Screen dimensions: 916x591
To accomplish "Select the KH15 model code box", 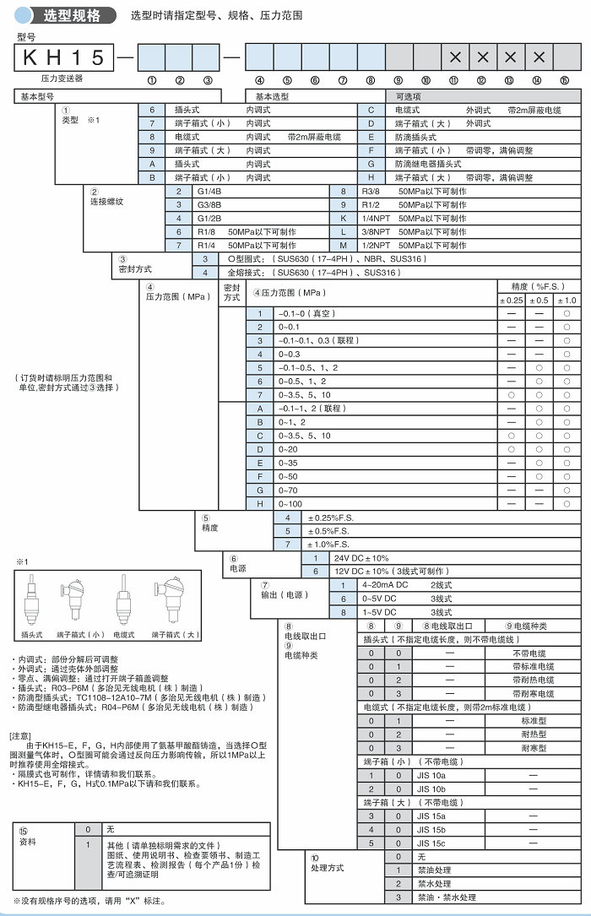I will tap(64, 57).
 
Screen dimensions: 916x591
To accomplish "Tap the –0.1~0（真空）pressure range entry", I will tap(308, 313).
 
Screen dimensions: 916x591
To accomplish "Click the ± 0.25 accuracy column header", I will tap(512, 300).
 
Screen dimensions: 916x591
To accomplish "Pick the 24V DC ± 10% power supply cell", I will tap(363, 558).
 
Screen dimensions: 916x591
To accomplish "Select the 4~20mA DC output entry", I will tap(385, 585).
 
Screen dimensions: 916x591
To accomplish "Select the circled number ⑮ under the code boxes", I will tap(564, 80).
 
